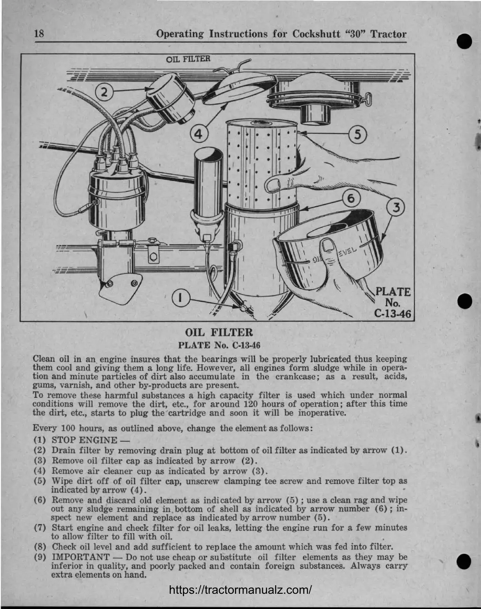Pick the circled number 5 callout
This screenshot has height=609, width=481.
pos(357,134)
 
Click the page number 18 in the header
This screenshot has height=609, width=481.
pos(39,34)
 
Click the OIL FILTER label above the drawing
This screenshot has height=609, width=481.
pos(188,58)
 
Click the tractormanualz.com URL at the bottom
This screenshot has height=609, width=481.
pos(241,590)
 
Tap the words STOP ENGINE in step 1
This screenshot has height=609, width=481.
pos(84,440)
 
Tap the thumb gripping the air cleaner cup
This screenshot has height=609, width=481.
pos(328,250)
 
